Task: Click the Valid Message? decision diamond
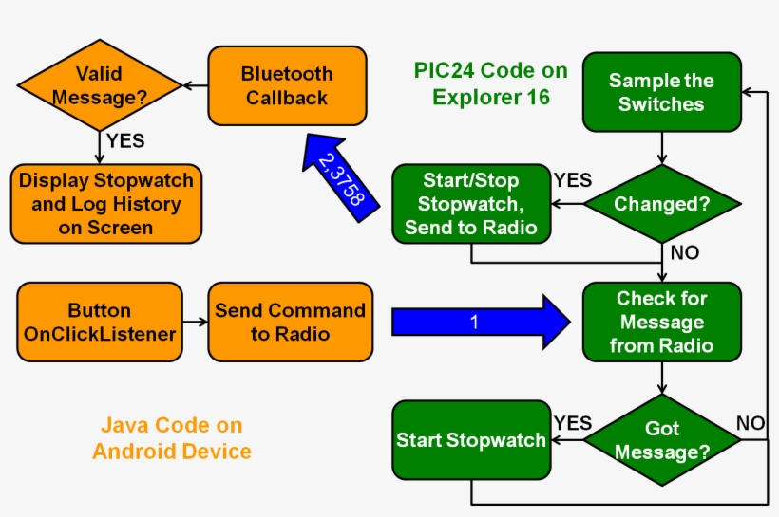(99, 85)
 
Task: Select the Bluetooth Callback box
(287, 85)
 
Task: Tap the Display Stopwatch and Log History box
(105, 204)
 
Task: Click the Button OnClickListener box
(99, 322)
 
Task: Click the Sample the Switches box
(661, 92)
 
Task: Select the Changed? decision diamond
(661, 203)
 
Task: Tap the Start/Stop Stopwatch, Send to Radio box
(470, 203)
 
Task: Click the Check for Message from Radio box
(661, 322)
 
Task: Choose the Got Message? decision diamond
(661, 440)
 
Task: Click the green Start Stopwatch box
(470, 440)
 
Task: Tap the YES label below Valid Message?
(125, 141)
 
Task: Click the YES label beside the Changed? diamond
(572, 180)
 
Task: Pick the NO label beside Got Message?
(750, 423)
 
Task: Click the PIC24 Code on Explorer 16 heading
(490, 83)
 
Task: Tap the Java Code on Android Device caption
(171, 439)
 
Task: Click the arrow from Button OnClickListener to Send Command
(195, 322)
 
